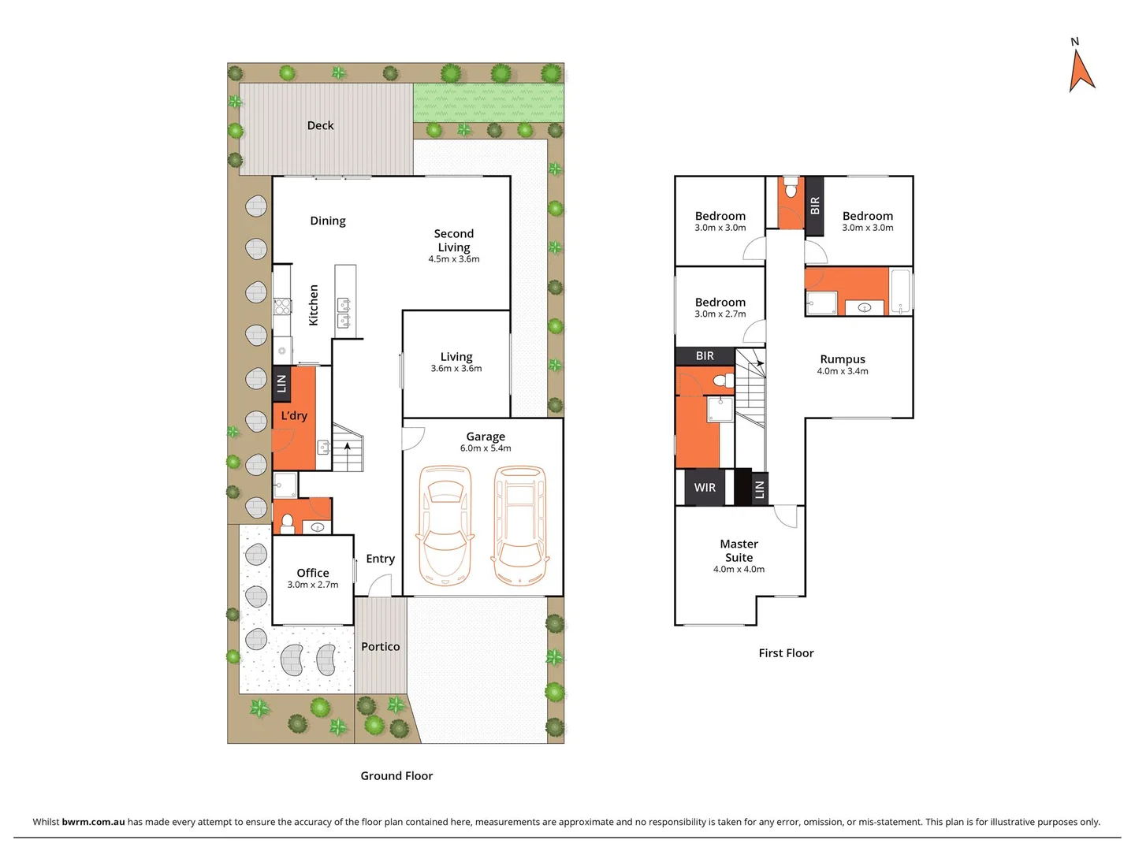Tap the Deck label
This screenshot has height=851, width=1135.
320,125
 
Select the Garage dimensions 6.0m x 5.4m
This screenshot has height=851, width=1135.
486,448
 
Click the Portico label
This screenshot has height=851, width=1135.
380,646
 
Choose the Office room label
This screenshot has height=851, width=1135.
313,573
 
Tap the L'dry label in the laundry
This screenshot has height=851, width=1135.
294,415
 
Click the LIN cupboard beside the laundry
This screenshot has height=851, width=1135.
281,383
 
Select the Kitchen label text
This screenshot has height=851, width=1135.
313,305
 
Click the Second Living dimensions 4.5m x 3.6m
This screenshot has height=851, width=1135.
454,259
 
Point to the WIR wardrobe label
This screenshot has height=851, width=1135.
705,488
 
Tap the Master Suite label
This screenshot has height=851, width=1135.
739,550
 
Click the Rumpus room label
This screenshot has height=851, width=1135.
843,359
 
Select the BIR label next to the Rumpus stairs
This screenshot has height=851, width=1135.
705,356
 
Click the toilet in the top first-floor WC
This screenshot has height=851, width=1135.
791,189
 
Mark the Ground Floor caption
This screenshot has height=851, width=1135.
396,776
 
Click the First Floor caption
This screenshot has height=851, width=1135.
786,653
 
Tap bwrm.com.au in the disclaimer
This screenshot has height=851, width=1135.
93,822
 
